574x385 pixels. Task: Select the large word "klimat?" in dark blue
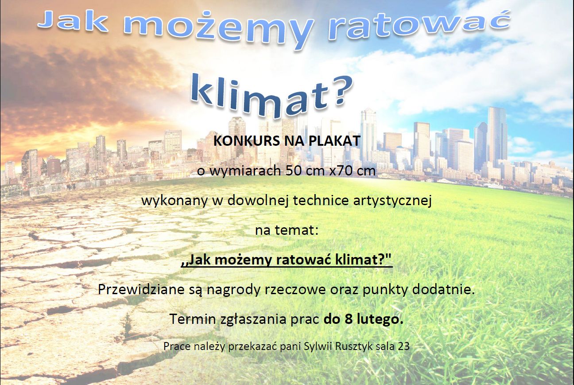tap(271, 97)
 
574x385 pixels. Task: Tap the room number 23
tap(403, 347)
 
